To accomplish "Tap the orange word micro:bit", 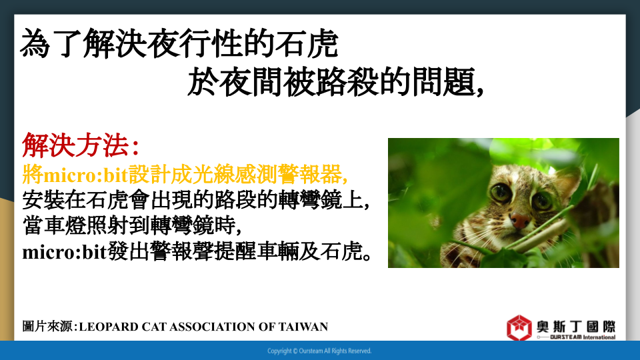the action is click(86, 175).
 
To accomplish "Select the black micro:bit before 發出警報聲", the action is click(65, 252).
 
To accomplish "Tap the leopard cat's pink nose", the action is click(520, 221).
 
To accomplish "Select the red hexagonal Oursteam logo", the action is click(519, 327).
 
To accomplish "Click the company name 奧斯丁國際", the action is click(576, 327).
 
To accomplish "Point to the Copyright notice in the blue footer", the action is click(319, 351).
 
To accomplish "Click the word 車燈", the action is click(65, 225).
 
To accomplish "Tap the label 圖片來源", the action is click(47, 327).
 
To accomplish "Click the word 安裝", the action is click(43, 200).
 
